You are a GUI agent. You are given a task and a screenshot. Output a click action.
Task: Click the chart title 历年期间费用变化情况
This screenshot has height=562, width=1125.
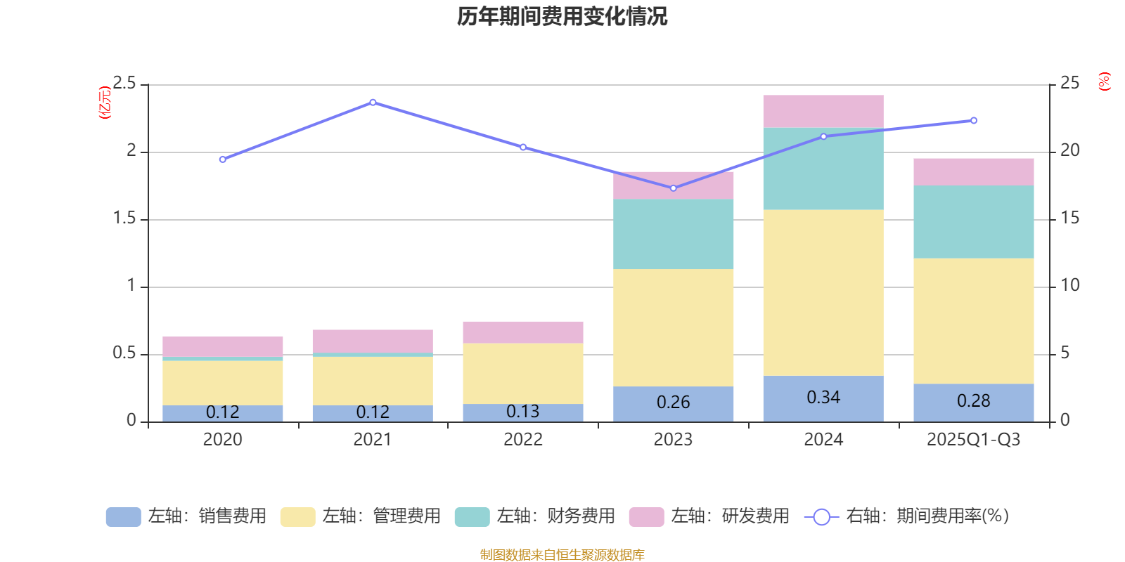(562, 16)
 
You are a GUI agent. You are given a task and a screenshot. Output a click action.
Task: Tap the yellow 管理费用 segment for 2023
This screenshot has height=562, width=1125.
(673, 327)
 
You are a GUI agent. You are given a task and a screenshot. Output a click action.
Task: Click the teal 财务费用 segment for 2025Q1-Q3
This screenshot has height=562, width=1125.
(973, 221)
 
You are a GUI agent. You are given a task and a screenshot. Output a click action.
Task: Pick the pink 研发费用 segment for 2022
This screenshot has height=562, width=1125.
(522, 332)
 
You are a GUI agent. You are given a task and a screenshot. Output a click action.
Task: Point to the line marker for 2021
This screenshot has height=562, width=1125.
(373, 103)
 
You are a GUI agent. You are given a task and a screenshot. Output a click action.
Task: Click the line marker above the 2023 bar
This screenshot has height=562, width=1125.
(673, 188)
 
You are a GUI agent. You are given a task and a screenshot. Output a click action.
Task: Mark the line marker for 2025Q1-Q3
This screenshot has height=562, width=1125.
(973, 121)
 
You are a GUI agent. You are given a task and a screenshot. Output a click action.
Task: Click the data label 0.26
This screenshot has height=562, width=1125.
(673, 403)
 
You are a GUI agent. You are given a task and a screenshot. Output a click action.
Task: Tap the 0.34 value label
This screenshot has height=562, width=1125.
(823, 398)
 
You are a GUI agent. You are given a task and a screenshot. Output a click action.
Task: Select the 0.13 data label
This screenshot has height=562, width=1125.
(522, 412)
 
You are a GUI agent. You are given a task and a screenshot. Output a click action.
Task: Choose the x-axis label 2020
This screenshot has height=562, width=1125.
(222, 440)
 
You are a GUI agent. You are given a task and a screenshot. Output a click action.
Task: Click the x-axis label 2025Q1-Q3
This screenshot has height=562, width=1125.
(973, 440)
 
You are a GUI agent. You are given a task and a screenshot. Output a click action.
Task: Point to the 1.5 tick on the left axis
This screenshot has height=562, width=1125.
(124, 218)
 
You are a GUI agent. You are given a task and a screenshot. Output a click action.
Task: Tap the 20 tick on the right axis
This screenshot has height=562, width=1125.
(1069, 150)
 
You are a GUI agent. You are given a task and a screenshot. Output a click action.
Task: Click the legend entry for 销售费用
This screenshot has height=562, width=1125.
(186, 516)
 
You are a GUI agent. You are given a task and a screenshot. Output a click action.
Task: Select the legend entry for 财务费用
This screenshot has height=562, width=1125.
(535, 516)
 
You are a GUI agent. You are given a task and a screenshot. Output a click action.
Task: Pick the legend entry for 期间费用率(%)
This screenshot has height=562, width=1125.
(907, 516)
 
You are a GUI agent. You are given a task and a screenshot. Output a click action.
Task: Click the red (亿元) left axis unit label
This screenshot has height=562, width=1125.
(105, 103)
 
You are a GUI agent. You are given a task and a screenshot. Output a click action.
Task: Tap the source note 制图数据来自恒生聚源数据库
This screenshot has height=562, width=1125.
(562, 555)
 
